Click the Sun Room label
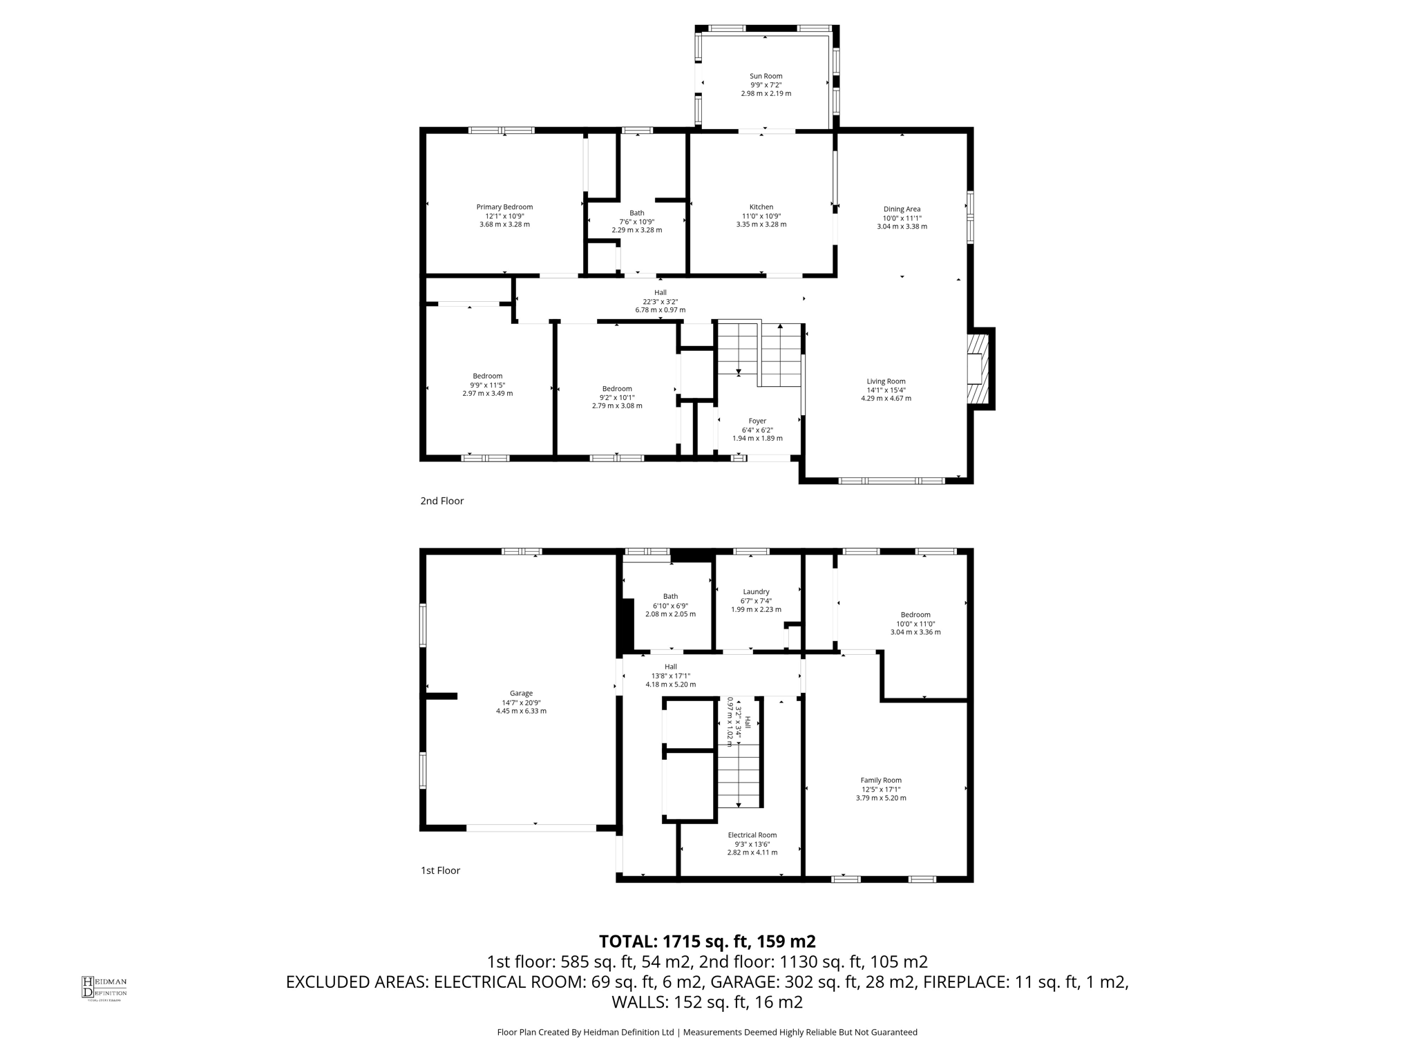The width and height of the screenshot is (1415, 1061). click(x=766, y=76)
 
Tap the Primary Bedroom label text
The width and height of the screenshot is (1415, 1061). click(x=504, y=207)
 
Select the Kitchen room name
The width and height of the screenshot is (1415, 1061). click(x=761, y=207)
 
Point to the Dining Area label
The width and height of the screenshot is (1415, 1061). click(x=902, y=209)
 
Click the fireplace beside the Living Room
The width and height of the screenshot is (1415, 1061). click(x=977, y=369)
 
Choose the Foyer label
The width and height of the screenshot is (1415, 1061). click(x=757, y=421)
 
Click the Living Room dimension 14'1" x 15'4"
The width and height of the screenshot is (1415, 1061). click(x=886, y=390)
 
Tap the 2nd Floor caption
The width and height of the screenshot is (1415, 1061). click(x=441, y=501)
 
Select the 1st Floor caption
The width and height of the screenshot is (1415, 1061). click(x=440, y=870)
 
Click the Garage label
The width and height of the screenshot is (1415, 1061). click(x=521, y=694)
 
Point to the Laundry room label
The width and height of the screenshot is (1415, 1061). click(x=756, y=592)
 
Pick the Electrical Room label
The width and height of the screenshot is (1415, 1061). click(x=752, y=835)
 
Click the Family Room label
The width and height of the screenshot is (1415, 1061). click(x=881, y=781)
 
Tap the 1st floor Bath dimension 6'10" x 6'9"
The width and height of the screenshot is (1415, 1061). click(x=670, y=605)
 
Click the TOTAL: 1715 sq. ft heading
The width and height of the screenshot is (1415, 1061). click(x=707, y=941)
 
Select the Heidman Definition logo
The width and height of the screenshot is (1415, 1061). click(x=104, y=988)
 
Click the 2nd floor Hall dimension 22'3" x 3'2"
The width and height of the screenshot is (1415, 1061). click(x=661, y=301)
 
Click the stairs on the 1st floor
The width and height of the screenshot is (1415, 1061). click(x=739, y=774)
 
